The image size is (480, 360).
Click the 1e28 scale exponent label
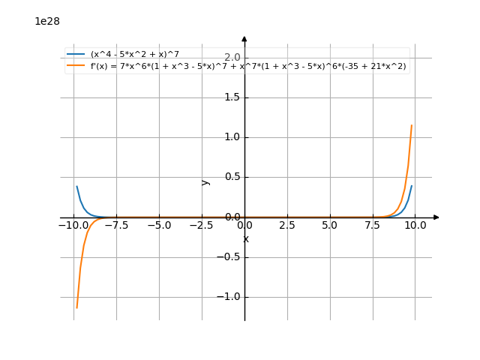(47, 21)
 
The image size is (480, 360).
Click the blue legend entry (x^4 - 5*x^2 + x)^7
(134, 54)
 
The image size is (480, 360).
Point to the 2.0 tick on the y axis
(232, 58)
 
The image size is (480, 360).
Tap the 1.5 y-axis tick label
(232, 97)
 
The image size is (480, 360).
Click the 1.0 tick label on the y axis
(232, 137)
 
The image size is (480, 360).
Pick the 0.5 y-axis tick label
(232, 177)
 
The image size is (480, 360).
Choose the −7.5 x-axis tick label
(116, 225)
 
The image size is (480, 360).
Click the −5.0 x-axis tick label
(159, 225)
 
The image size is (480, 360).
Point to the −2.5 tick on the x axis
(202, 225)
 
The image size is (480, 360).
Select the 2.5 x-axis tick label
(287, 225)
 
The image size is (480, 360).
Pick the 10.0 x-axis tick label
(415, 225)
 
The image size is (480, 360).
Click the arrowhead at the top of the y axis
(244, 37)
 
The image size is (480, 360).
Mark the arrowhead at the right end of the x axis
(436, 217)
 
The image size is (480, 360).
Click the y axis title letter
(206, 182)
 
